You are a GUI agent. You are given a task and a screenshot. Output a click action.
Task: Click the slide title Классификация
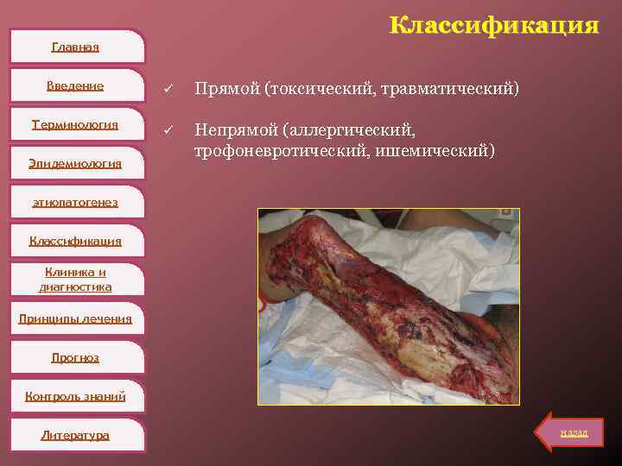(x=493, y=26)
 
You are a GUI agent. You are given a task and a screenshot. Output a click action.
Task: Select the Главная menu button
(x=75, y=47)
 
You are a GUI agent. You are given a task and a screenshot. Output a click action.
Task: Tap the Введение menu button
(x=75, y=85)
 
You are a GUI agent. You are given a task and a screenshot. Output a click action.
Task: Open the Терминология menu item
(x=75, y=124)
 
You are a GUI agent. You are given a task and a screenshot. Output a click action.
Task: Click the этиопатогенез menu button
(x=75, y=202)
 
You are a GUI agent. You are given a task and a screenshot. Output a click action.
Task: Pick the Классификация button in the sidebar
(x=75, y=241)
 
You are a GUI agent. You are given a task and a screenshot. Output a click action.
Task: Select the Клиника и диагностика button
(x=75, y=280)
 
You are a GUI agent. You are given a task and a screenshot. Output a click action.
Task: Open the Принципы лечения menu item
(x=75, y=318)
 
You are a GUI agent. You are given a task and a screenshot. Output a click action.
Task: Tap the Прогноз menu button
(x=75, y=357)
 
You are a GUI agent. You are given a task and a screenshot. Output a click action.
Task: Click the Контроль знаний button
(x=75, y=396)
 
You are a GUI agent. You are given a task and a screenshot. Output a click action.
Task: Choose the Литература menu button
(x=75, y=435)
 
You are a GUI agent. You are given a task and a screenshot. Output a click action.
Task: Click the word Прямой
(x=226, y=88)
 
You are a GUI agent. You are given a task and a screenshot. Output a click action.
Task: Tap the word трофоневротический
(x=276, y=151)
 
